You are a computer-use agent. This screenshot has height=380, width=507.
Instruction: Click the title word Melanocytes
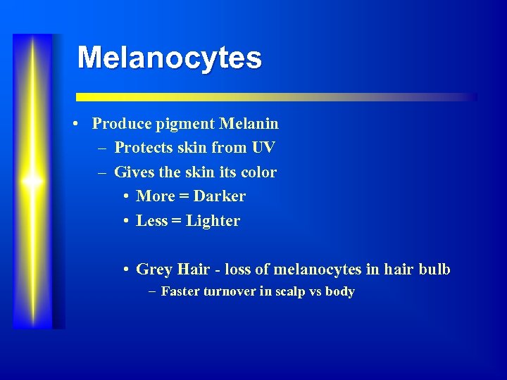169,58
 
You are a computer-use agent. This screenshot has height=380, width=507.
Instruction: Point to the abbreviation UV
263,148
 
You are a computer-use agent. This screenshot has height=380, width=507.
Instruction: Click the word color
258,172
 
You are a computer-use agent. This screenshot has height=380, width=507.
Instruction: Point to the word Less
152,221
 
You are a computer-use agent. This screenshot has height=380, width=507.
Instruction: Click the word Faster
181,291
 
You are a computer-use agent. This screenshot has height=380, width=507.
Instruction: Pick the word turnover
230,291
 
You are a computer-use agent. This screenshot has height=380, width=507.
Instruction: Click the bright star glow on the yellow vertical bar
32,181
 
